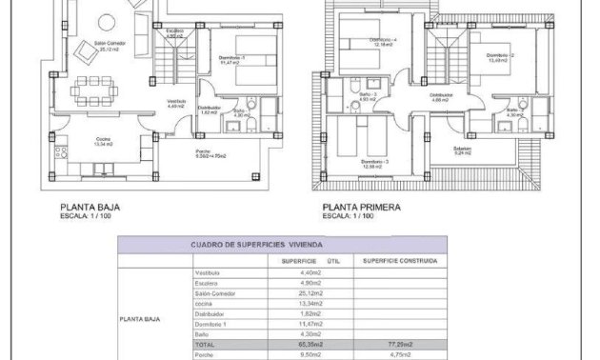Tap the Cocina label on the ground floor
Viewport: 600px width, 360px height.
[102, 141]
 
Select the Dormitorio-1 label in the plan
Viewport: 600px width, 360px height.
[228, 59]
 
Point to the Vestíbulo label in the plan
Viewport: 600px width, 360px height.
[176, 103]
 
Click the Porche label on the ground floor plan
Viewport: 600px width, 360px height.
[203, 152]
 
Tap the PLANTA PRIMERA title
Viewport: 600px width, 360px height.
[362, 206]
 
